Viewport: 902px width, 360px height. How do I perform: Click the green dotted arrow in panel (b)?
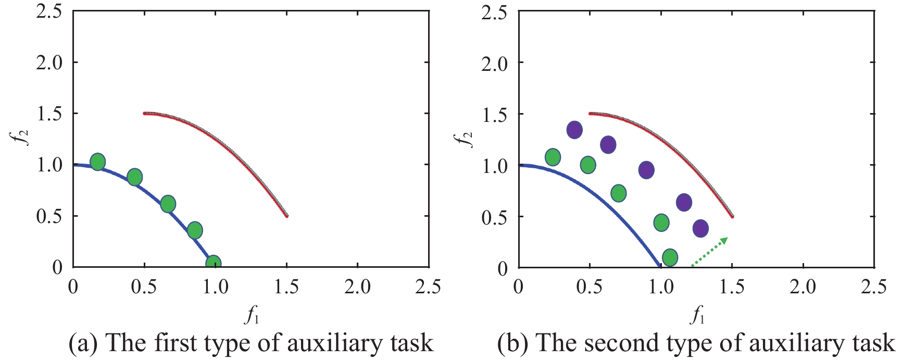(x=709, y=252)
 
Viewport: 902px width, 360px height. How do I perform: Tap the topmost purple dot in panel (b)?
(x=574, y=130)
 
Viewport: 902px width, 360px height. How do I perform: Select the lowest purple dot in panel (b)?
(x=700, y=228)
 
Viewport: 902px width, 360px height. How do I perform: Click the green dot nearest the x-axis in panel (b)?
(x=670, y=257)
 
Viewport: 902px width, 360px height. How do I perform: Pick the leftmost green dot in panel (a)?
(x=97, y=162)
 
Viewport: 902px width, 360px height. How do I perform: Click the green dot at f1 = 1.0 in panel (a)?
(x=212, y=263)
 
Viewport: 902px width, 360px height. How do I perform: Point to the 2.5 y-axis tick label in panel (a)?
(x=49, y=11)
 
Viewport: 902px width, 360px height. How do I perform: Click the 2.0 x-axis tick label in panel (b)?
(x=803, y=287)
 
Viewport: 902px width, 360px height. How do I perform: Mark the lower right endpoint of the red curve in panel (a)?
(x=286, y=216)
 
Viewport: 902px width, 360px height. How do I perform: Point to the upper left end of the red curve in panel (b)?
(x=590, y=113)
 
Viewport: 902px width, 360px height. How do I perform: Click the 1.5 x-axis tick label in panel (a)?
(x=286, y=287)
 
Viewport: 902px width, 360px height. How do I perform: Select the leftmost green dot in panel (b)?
(x=553, y=157)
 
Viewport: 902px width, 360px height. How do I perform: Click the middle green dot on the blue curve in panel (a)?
(x=168, y=204)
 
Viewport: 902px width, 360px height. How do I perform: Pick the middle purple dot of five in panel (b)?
(x=646, y=170)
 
